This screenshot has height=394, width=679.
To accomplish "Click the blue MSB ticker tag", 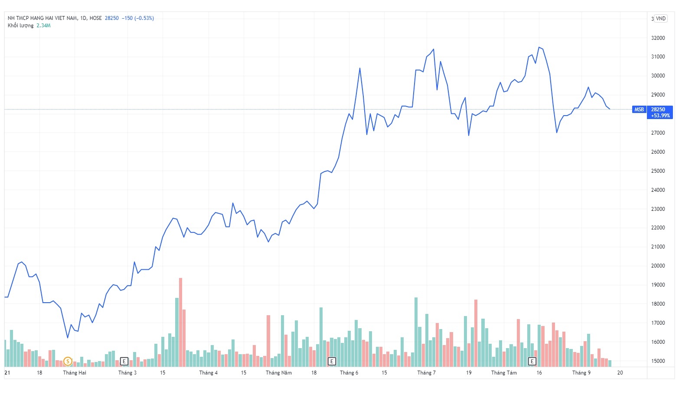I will click(x=639, y=110).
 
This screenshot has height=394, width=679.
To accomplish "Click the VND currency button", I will click(x=660, y=19).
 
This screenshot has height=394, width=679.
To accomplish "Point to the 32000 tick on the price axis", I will click(x=658, y=38).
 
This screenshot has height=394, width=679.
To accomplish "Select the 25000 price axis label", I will click(x=658, y=171).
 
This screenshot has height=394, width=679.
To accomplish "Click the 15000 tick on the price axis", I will click(x=658, y=361).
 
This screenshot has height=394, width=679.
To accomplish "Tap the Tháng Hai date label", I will click(x=75, y=373).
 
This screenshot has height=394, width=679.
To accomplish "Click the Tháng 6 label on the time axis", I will click(x=349, y=373).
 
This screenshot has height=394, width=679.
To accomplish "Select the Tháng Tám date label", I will click(x=504, y=373).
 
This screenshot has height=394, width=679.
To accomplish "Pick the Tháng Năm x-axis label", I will click(x=279, y=373).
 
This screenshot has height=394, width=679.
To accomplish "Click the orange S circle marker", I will click(x=68, y=361).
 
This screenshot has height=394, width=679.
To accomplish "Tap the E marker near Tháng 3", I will click(x=124, y=361).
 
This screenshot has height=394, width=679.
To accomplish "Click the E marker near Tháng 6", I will click(x=332, y=361).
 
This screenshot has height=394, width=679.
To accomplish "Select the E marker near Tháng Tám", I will click(x=532, y=361).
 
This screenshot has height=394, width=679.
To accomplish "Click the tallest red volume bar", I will click(x=180, y=323).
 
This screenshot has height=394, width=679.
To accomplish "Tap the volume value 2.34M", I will click(x=43, y=26).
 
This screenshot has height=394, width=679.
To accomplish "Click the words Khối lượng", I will click(x=20, y=26).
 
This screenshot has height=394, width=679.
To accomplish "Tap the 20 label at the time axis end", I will click(x=620, y=373).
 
